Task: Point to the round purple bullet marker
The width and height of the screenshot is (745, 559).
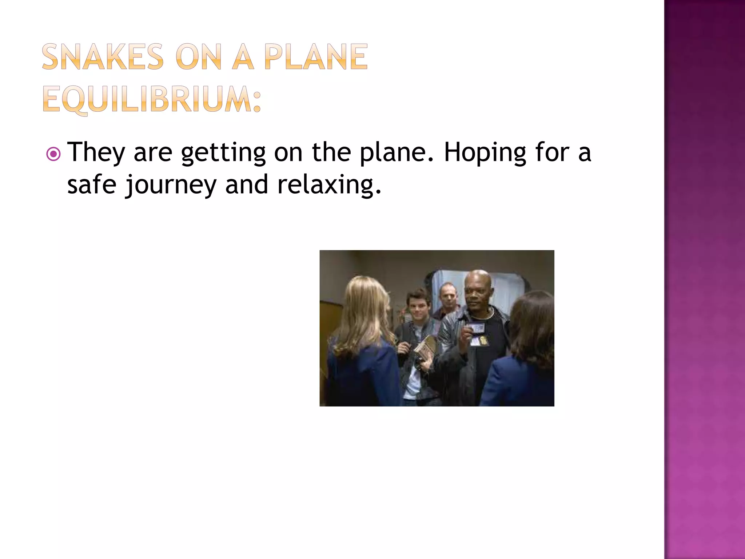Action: pos(53,154)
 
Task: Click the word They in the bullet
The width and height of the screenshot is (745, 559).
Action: pos(96,152)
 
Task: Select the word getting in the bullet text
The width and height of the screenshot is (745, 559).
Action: pos(223,153)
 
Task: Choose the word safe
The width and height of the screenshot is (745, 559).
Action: pos(92,185)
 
